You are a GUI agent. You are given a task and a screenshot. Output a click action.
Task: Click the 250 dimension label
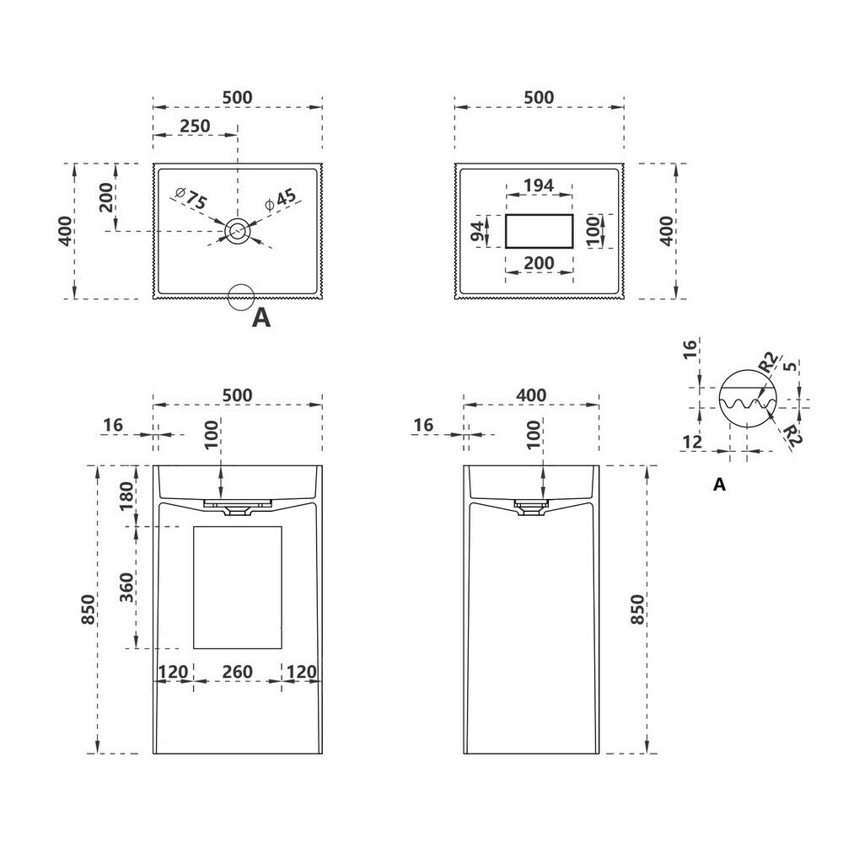195,126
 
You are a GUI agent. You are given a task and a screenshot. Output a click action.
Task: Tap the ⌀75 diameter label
191,199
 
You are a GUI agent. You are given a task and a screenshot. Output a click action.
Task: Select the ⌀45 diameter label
280,199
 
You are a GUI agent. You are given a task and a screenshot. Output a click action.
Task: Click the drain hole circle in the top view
237,231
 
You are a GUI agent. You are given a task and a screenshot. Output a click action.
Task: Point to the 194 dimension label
539,185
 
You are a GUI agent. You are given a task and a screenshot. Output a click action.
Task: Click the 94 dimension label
477,231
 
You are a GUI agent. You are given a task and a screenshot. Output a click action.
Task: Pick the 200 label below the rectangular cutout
539,263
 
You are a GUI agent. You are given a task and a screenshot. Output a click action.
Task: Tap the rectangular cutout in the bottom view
540,231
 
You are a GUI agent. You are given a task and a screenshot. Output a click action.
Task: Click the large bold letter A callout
261,319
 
